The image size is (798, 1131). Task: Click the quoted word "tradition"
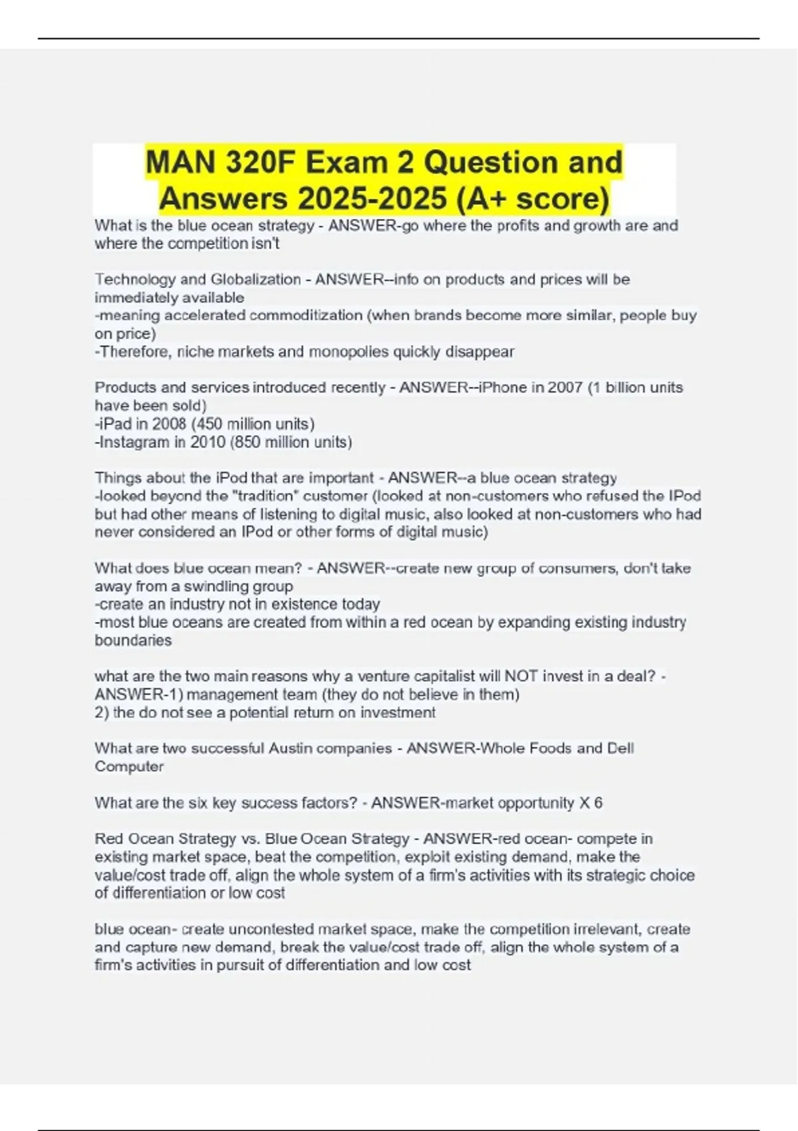pyautogui.click(x=293, y=496)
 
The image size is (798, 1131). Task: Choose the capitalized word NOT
pyautogui.click(x=521, y=676)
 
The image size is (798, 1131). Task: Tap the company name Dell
pyautogui.click(x=620, y=748)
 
